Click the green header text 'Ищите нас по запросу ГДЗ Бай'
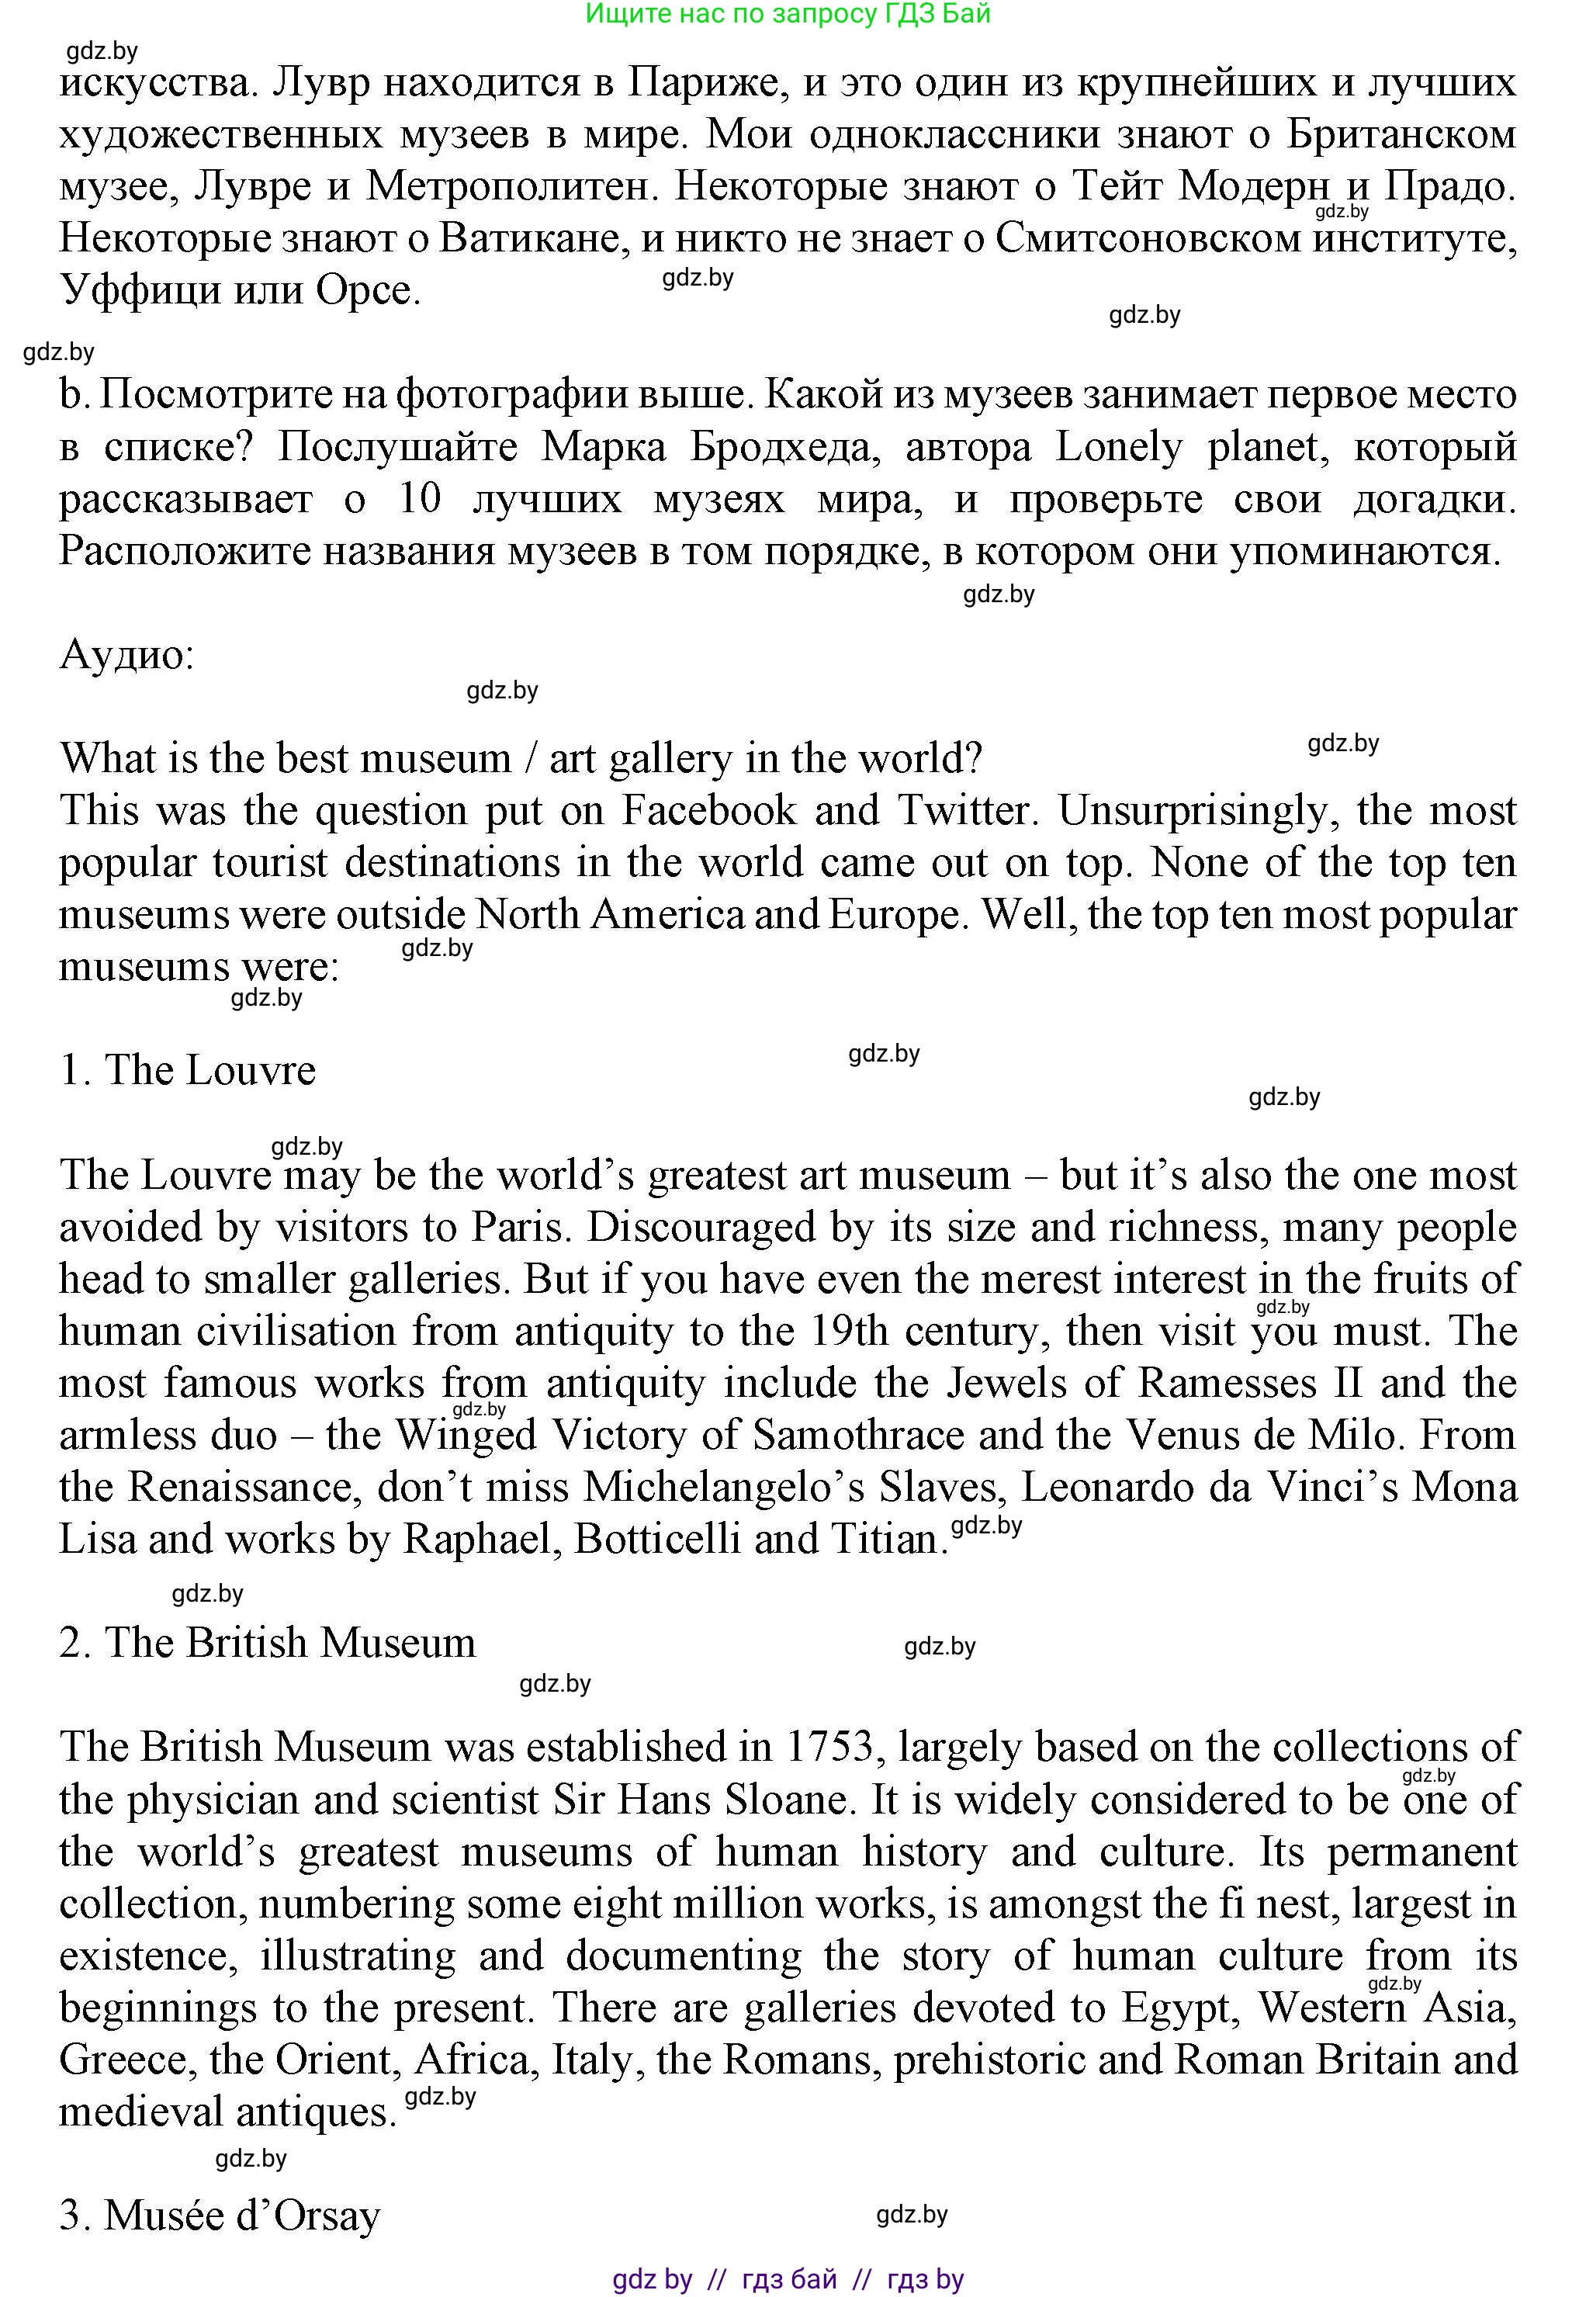click(788, 14)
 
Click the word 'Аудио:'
click(126, 654)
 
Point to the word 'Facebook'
click(708, 810)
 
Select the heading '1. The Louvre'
click(188, 1070)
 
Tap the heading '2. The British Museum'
click(267, 1643)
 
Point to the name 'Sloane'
click(787, 1800)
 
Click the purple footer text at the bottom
click(788, 2279)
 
